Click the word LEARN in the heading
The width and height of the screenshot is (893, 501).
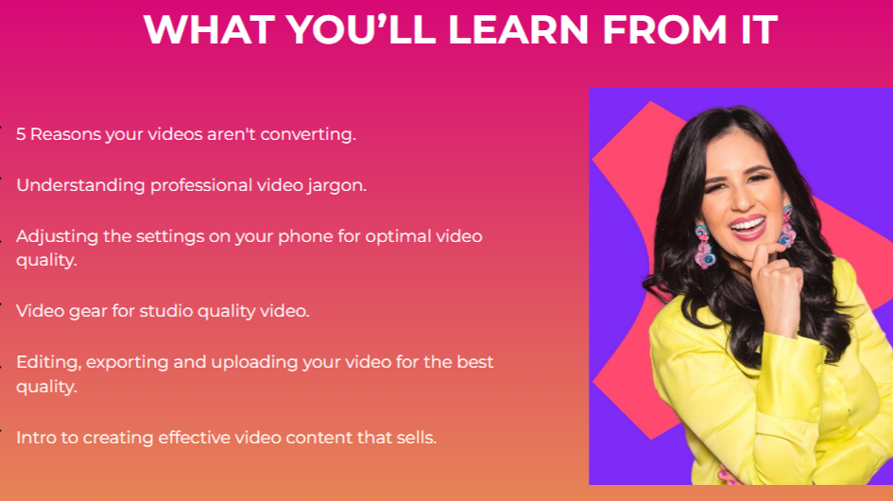(518, 29)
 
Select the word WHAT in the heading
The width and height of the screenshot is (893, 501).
(210, 29)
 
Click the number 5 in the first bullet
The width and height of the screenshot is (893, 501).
(21, 134)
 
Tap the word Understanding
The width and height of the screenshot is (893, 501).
(80, 186)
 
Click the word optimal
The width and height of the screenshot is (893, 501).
(398, 236)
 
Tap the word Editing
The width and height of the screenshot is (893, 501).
(48, 363)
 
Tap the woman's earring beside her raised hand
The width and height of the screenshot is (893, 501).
(789, 226)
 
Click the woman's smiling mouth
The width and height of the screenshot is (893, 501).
(747, 228)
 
